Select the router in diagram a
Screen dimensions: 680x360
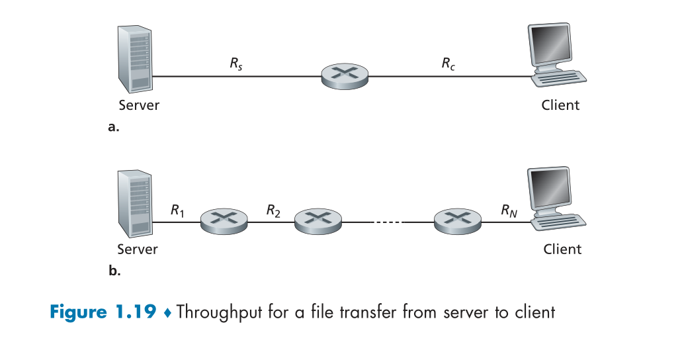345,76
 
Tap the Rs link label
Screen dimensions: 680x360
236,65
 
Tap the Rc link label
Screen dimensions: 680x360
448,65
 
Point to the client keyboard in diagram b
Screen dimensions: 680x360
562,222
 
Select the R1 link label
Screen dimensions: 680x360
177,210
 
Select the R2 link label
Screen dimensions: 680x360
273,210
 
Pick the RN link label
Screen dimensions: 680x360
509,210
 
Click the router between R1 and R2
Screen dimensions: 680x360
224,220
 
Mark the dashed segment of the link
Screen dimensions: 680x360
388,222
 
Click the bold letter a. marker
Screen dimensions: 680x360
113,127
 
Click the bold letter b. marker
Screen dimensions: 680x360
113,271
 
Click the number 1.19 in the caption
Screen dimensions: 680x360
136,311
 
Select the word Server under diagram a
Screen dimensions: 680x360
139,105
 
